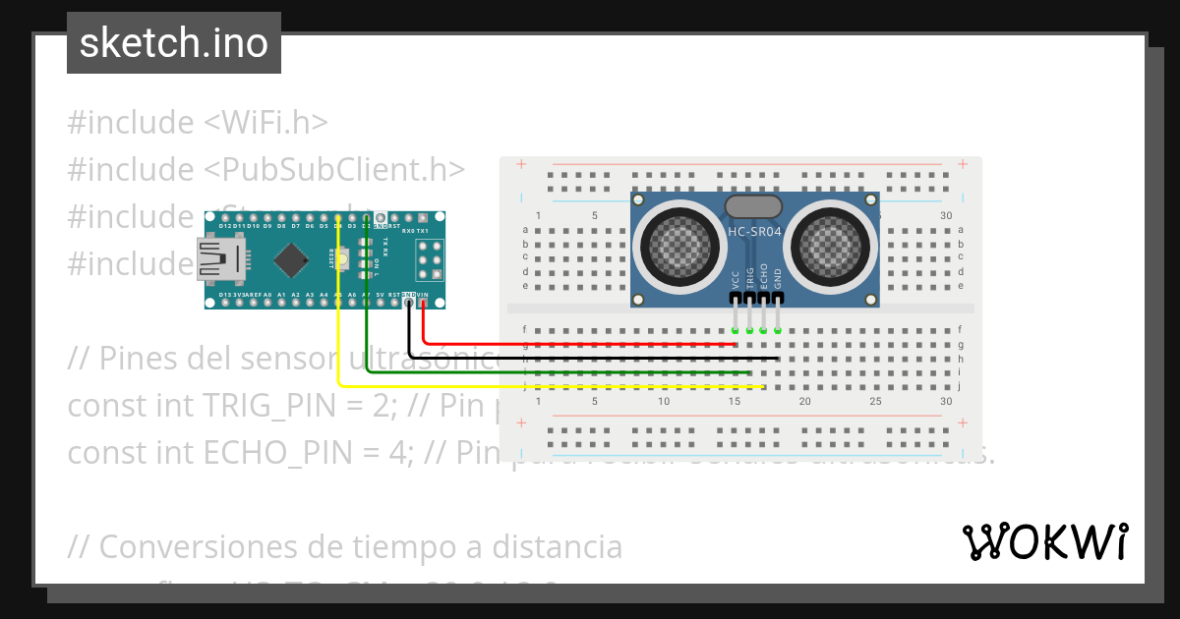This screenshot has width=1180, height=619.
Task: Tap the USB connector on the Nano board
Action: [x=222, y=261]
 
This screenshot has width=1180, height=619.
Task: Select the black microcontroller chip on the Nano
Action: [x=290, y=260]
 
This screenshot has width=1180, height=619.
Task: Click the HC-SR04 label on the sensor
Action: [x=754, y=232]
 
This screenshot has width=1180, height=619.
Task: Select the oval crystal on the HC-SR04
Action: [x=753, y=206]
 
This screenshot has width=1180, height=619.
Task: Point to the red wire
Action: [x=590, y=345]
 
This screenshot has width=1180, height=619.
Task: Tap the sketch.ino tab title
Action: [x=174, y=43]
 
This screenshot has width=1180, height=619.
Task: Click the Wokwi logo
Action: [x=1044, y=542]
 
